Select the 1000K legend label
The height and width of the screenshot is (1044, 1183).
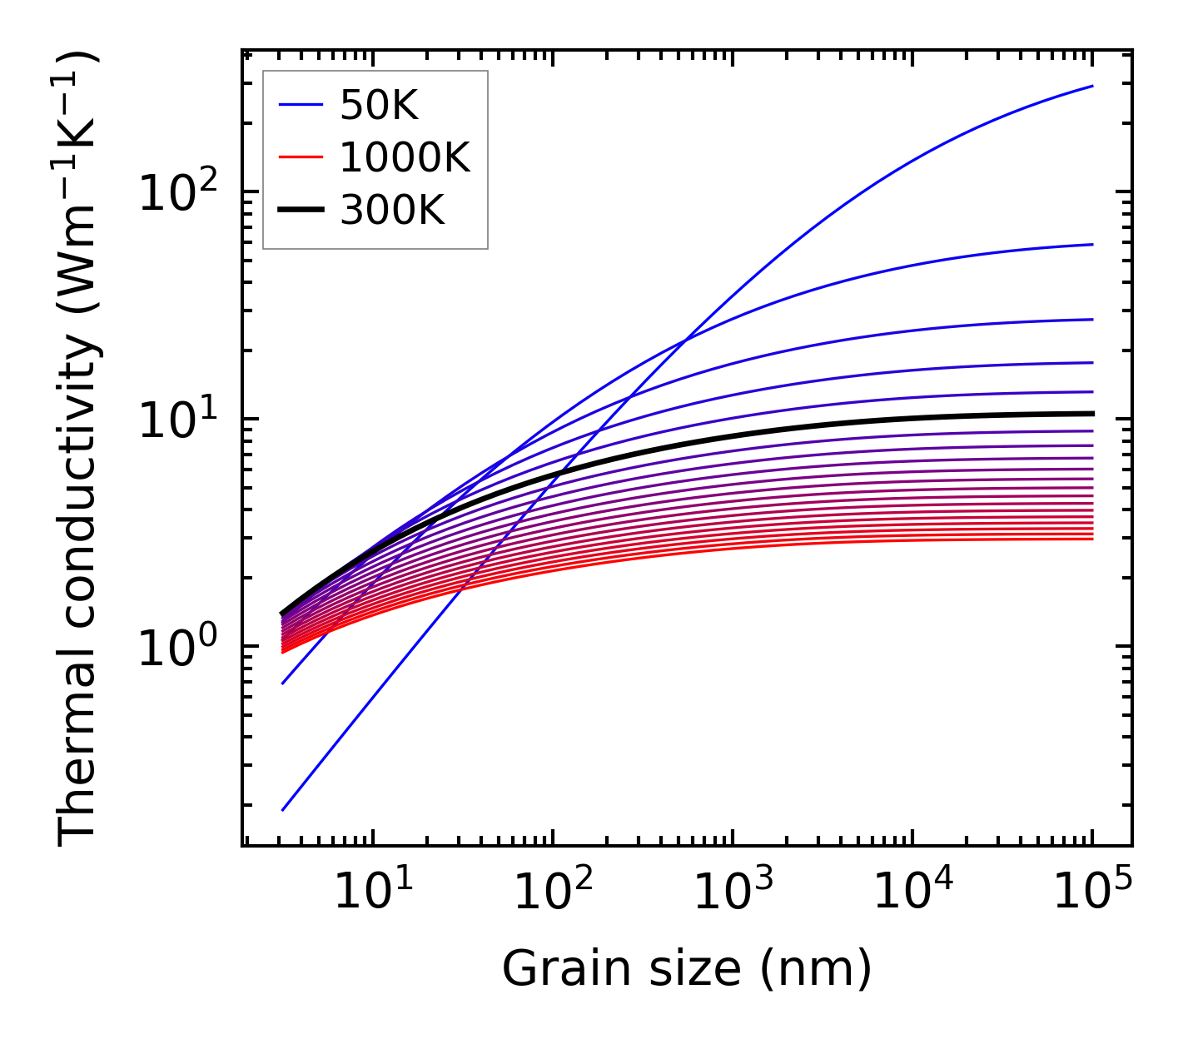coord(405,157)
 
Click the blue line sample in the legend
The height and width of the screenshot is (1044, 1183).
coord(301,105)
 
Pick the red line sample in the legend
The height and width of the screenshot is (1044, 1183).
coord(301,157)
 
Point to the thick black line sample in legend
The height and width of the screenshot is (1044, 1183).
coord(301,211)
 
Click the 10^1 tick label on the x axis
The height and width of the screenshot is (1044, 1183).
coord(372,892)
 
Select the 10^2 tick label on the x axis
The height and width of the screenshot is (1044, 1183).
coord(552,892)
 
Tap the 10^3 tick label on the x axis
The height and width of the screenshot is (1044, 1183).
coord(732,892)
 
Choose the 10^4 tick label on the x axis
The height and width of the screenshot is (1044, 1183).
coord(912,892)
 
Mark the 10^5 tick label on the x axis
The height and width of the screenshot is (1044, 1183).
coord(1091,892)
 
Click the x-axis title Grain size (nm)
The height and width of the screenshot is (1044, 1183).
coord(687,970)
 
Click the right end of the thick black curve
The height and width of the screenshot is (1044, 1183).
coord(1091,413)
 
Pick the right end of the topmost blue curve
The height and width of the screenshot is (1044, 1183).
coord(1091,86)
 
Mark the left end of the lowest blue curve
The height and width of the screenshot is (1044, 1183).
coord(283,809)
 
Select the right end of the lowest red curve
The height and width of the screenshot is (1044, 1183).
coord(1091,539)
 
